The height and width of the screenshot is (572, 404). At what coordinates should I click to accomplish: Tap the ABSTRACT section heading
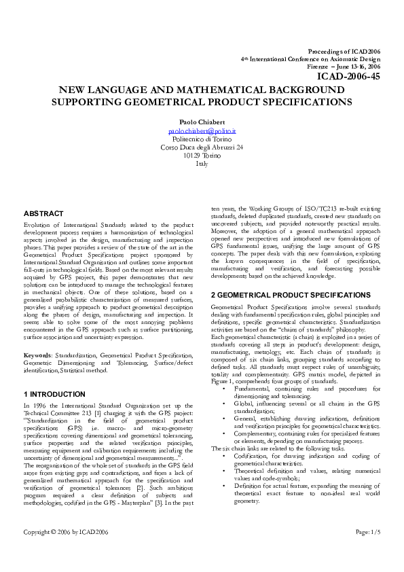pyautogui.click(x=45, y=214)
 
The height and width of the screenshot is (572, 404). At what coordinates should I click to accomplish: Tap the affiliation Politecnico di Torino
pyautogui.click(x=202, y=138)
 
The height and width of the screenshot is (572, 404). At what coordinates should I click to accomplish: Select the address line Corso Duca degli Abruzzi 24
pyautogui.click(x=202, y=147)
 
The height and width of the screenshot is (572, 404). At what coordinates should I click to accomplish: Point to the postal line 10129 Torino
pyautogui.click(x=202, y=155)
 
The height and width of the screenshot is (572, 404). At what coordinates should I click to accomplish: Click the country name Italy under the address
pyautogui.click(x=202, y=164)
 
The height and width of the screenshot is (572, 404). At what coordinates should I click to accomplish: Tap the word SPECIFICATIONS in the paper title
pyautogui.click(x=304, y=102)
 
